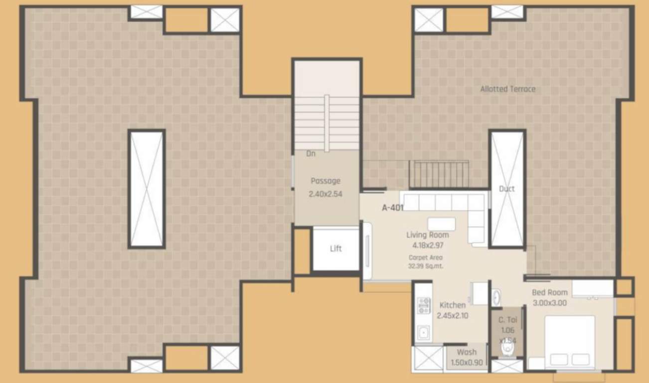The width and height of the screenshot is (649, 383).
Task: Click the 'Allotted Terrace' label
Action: [507, 89]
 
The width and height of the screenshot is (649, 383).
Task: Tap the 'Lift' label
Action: [335, 248]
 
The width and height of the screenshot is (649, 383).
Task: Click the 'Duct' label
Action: [506, 189]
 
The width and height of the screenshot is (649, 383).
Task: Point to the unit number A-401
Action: [392, 208]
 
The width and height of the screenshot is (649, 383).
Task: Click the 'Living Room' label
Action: [427, 235]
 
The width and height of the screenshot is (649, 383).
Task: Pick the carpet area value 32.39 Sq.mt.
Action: [426, 266]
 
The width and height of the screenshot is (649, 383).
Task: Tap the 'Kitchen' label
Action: [453, 305]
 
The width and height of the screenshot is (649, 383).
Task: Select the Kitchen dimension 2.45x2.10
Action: [453, 315]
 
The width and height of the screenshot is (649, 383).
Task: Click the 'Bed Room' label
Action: [549, 293]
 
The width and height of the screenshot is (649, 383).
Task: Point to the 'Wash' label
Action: [467, 352]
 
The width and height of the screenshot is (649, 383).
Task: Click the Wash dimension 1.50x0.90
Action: [467, 363]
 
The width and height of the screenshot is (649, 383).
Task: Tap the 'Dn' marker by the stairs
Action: [311, 154]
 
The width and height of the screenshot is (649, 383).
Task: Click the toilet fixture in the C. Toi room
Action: [507, 348]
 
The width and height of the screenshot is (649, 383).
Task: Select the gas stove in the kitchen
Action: [424, 305]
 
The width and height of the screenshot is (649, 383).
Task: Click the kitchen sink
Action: [424, 333]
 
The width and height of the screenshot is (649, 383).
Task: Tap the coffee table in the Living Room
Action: [441, 223]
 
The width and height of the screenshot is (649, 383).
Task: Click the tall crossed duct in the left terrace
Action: [147, 189]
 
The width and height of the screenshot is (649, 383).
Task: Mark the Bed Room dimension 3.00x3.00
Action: [549, 303]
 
